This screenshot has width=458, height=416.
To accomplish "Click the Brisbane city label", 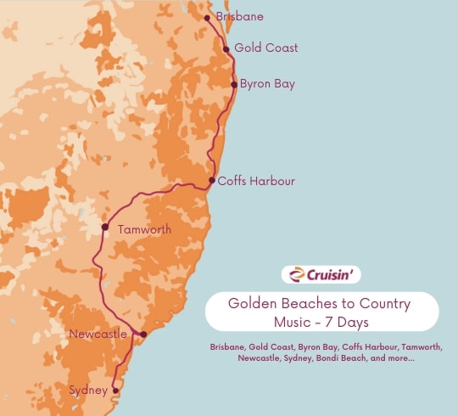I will (x=240, y=17).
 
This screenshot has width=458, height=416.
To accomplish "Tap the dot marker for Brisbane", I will (x=207, y=17).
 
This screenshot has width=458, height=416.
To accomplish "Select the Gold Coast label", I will (x=266, y=48).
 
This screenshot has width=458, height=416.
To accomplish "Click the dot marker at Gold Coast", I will (x=226, y=49).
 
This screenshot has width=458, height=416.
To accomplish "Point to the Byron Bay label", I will (x=268, y=84).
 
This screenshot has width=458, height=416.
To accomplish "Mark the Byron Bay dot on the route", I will (x=235, y=85).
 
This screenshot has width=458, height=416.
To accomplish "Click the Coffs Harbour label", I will (x=256, y=181).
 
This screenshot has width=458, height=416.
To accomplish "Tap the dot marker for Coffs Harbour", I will (x=212, y=180).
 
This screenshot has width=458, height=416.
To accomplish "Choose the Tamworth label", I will (x=144, y=229).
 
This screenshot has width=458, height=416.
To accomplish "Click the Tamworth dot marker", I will (x=105, y=227).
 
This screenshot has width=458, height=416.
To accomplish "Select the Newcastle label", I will (x=99, y=334).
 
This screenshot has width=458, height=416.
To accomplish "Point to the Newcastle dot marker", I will (x=143, y=334).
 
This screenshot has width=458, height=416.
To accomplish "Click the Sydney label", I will (x=89, y=391).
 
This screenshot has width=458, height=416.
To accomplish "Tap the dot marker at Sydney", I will (x=115, y=391).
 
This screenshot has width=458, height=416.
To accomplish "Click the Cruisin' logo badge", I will (x=322, y=274).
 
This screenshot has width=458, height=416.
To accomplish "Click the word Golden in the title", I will (x=252, y=304).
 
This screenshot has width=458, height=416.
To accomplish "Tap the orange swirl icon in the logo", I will (x=295, y=274).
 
